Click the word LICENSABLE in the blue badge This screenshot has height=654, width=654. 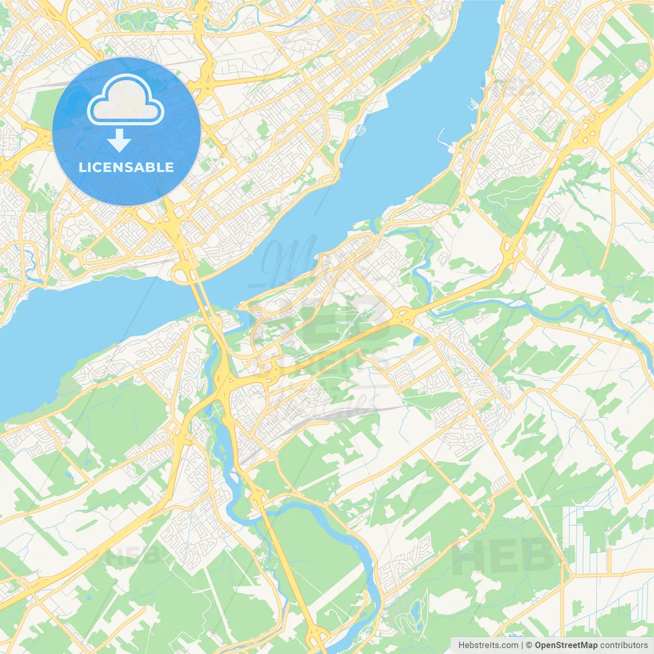pyautogui.click(x=126, y=167)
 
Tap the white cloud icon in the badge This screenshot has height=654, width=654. pyautogui.click(x=126, y=101)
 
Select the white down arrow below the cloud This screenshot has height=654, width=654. pyautogui.click(x=119, y=141)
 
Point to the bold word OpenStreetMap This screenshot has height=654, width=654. pyautogui.click(x=566, y=645)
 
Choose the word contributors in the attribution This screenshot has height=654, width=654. pyautogui.click(x=624, y=645)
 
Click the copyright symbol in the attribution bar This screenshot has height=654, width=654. pyautogui.click(x=529, y=645)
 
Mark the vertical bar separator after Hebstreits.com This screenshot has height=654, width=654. pyautogui.click(x=522, y=645)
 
